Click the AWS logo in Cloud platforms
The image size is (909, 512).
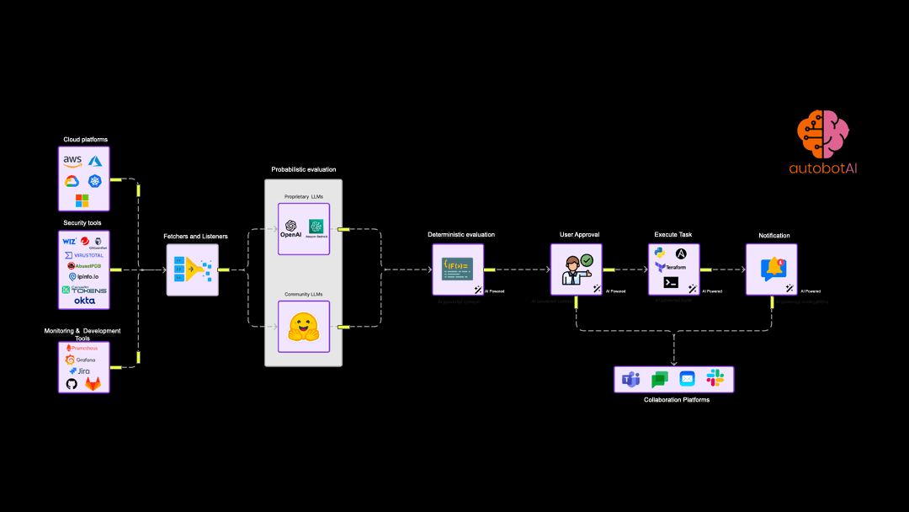(x=72, y=160)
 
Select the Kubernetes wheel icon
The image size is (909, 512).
(x=94, y=181)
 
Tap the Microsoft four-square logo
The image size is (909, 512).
(x=82, y=200)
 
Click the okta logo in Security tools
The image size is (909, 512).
(x=84, y=301)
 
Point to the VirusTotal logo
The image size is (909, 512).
(x=84, y=255)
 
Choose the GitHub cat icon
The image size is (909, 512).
(x=72, y=384)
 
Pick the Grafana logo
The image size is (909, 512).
(x=81, y=360)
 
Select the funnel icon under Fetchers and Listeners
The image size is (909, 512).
(x=192, y=269)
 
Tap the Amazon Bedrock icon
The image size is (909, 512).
(x=316, y=227)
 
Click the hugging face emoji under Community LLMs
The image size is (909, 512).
(x=304, y=327)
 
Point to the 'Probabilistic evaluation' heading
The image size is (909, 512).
(x=303, y=169)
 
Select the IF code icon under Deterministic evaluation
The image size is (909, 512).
(x=458, y=269)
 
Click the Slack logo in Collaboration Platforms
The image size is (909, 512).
(x=715, y=379)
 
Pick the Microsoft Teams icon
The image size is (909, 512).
(x=630, y=380)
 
